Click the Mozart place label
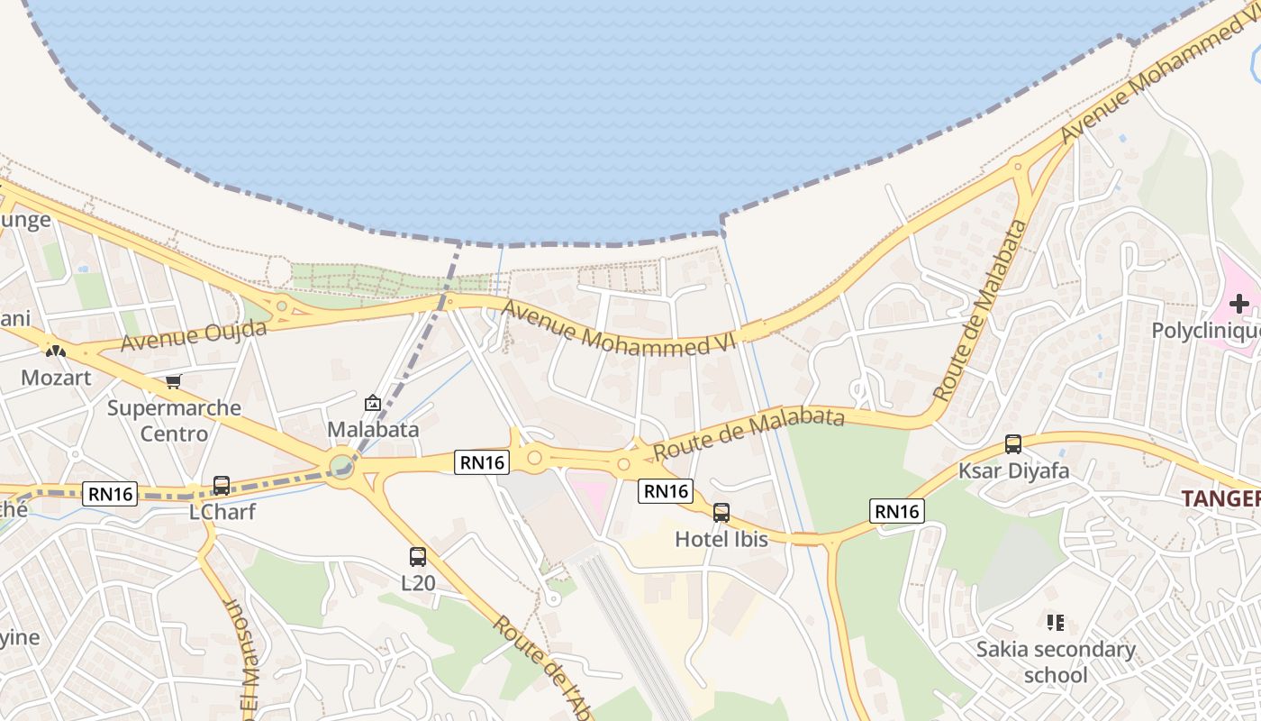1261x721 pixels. [x=56, y=377]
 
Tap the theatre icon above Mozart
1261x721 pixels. [x=56, y=350]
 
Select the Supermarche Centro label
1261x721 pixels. [x=174, y=420]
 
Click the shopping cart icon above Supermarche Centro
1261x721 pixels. [x=174, y=381]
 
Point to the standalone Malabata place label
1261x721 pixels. [x=373, y=429]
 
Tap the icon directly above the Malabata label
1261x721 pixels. [x=373, y=403]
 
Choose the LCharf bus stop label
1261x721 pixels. [x=222, y=512]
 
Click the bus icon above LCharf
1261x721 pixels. [x=222, y=486]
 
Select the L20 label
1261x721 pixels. [x=418, y=583]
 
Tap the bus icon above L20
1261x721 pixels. [x=418, y=557]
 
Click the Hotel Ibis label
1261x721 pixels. [x=721, y=539]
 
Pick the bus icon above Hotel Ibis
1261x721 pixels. [x=721, y=513]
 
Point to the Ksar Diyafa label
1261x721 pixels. [x=1013, y=470]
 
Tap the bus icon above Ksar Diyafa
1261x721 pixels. [x=1013, y=444]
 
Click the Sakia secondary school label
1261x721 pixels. [x=1056, y=662]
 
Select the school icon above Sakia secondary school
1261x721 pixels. [x=1056, y=622]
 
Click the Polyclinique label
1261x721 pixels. [x=1206, y=331]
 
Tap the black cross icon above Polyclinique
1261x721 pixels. [x=1239, y=304]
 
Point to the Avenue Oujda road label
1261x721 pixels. [x=194, y=335]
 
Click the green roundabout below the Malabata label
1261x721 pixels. [x=341, y=466]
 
